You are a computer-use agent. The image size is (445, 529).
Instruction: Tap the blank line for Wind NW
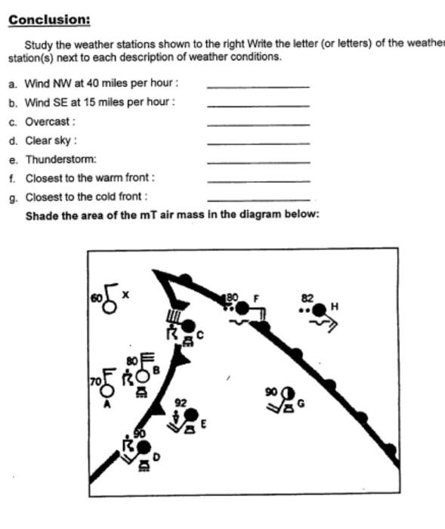pyautogui.click(x=258, y=86)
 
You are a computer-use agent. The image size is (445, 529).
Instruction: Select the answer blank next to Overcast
pyautogui.click(x=258, y=124)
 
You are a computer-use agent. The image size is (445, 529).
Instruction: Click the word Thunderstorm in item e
pyautogui.click(x=60, y=159)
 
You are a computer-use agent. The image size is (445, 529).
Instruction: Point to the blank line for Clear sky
pyautogui.click(x=258, y=143)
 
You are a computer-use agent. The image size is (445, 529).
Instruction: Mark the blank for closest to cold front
pyautogui.click(x=258, y=200)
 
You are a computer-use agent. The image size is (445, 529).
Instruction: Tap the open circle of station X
pyautogui.click(x=110, y=306)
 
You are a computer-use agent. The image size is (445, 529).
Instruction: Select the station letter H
pyautogui.click(x=335, y=306)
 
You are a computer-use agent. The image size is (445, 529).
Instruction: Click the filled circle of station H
pyautogui.click(x=320, y=309)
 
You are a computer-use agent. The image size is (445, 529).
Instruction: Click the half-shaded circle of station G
pyautogui.click(x=288, y=393)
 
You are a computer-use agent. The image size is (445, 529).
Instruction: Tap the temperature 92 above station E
pyautogui.click(x=180, y=403)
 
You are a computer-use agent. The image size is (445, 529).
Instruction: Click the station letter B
pyautogui.click(x=156, y=370)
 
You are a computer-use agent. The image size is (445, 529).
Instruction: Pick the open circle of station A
pyautogui.click(x=107, y=390)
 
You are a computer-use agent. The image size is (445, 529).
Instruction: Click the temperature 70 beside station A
pyautogui.click(x=95, y=382)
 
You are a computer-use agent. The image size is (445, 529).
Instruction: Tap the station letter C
pyautogui.click(x=199, y=334)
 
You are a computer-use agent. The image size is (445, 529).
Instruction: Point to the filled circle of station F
pyautogui.click(x=242, y=308)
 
